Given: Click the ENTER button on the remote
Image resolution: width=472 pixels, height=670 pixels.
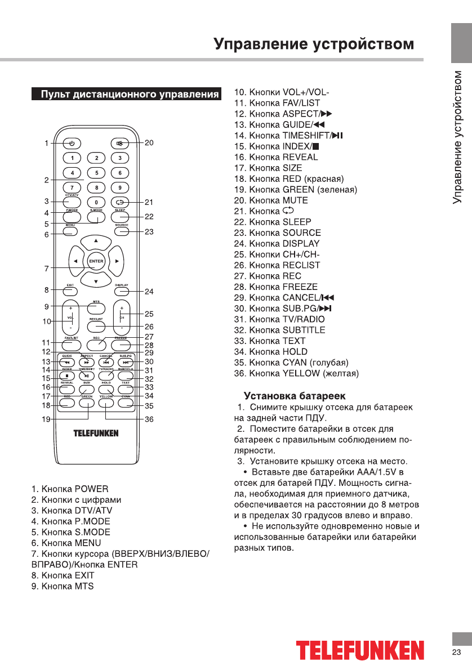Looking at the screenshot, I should [x=96, y=261].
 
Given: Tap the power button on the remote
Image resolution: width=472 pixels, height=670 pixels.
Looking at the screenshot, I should [x=72, y=143].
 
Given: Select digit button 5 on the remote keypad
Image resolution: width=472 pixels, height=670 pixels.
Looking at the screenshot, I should [x=96, y=173].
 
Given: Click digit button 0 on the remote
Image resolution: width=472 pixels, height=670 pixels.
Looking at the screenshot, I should [x=96, y=202].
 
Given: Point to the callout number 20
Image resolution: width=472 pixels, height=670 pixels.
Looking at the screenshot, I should [x=149, y=143].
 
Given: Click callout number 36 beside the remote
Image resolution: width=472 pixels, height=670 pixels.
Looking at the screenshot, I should [x=149, y=419].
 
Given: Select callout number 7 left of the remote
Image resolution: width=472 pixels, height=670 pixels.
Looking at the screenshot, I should [x=46, y=269].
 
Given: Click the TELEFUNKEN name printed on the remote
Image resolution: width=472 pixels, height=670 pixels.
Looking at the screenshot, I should [x=96, y=434].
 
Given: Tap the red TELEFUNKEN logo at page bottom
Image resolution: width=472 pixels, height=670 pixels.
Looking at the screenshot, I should [x=360, y=650].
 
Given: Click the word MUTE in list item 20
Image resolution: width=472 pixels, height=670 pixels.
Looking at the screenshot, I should [x=295, y=200].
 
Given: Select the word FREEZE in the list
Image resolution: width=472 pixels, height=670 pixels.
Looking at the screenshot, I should [x=300, y=287].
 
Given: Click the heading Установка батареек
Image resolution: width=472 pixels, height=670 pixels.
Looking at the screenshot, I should [x=295, y=396].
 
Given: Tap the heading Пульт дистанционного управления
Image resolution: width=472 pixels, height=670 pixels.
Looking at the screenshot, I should [x=129, y=94].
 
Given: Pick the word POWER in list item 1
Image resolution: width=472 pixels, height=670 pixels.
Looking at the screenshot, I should [x=91, y=489].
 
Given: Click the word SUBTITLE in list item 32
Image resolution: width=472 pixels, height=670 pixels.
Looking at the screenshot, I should [x=304, y=330].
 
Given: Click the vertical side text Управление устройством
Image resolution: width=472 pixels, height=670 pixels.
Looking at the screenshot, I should [x=459, y=138].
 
